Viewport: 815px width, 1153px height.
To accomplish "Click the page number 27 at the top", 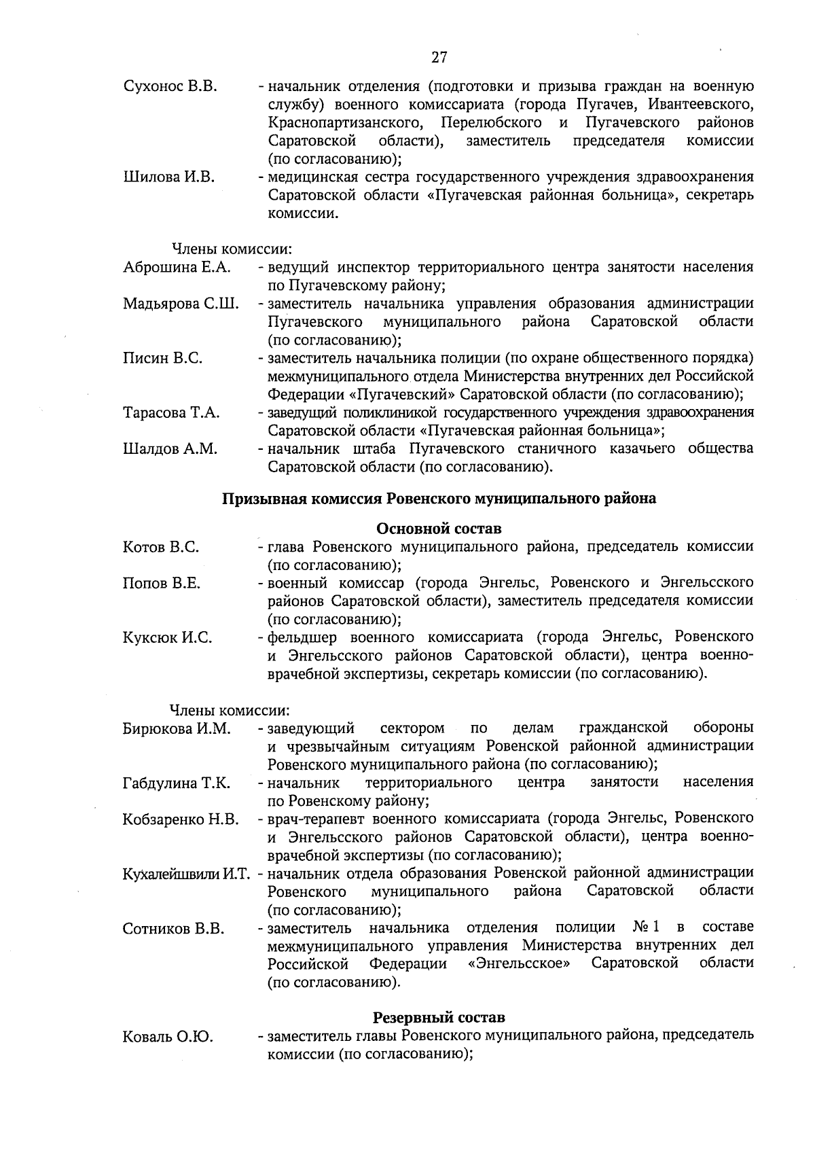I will tap(439, 57).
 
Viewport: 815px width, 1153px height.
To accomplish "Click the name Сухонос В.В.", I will tap(170, 87).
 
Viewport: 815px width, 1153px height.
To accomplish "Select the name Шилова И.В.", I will tap(168, 177).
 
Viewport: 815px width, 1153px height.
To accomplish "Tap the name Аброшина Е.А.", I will tap(177, 268).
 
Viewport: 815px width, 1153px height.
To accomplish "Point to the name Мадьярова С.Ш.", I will tap(181, 304).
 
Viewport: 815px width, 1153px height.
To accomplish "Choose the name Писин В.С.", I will tap(162, 358).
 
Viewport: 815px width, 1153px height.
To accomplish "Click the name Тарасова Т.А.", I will tap(171, 412).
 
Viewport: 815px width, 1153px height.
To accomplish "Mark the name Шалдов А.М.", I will tap(170, 448).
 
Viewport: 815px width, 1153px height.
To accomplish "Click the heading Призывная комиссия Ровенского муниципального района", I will tap(439, 499).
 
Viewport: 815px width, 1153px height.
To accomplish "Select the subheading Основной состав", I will tap(439, 528).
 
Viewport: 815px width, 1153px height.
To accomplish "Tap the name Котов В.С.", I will tap(161, 547).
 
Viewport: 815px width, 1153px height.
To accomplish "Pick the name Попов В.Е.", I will tap(162, 583).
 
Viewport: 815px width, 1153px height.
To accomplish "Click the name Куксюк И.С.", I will tap(167, 637).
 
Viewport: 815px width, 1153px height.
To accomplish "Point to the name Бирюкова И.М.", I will tap(177, 729).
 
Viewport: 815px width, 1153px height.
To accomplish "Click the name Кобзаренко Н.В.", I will tap(181, 819).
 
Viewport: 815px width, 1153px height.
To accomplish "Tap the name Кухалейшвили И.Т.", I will tap(187, 873).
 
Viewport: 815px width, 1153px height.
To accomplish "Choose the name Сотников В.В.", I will tap(173, 928).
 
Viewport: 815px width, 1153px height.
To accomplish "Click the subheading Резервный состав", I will tap(439, 1018).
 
